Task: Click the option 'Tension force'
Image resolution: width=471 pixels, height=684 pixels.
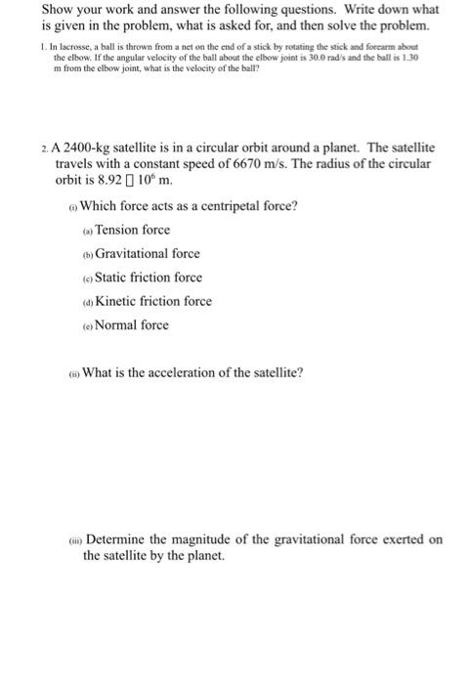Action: click(x=132, y=230)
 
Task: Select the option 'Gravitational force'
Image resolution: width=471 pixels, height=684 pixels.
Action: click(x=147, y=253)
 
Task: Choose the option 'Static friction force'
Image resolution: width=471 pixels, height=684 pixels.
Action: click(x=149, y=278)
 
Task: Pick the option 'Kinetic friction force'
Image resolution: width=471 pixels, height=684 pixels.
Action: click(x=152, y=301)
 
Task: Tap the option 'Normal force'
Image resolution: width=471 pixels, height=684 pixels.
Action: click(x=131, y=324)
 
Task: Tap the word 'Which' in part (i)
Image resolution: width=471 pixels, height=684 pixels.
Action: click(x=99, y=205)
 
